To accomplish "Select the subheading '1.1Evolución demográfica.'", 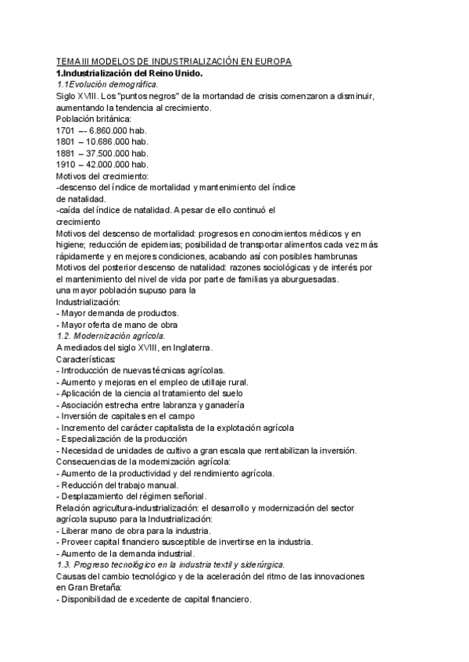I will pos(107,84).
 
